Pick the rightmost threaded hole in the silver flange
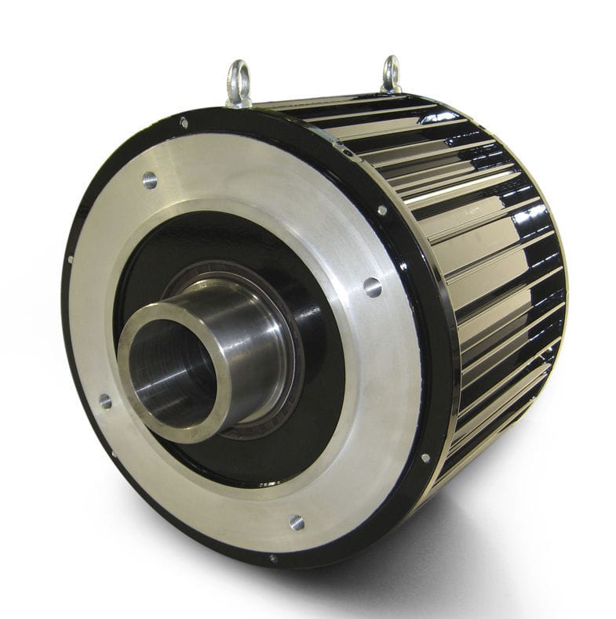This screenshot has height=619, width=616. coord(373,287)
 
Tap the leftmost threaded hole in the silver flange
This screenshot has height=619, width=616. coord(104,402)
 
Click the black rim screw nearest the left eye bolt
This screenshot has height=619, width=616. coord(184,123)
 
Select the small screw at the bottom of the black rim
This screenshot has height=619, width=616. coord(273,559)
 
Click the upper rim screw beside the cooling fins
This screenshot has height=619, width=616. coord(381,211)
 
